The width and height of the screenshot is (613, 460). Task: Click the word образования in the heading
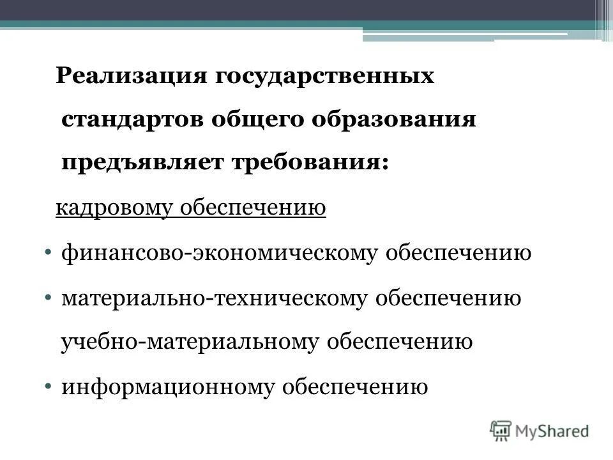point(385,121)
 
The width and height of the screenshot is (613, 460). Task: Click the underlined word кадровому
point(115,209)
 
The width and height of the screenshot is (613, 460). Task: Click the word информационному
point(165,387)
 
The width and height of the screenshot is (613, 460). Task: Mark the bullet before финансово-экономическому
point(50,254)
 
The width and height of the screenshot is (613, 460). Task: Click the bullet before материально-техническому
point(50,298)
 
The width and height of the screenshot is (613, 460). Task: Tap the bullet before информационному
point(50,387)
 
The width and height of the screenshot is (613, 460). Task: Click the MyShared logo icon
point(501,431)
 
